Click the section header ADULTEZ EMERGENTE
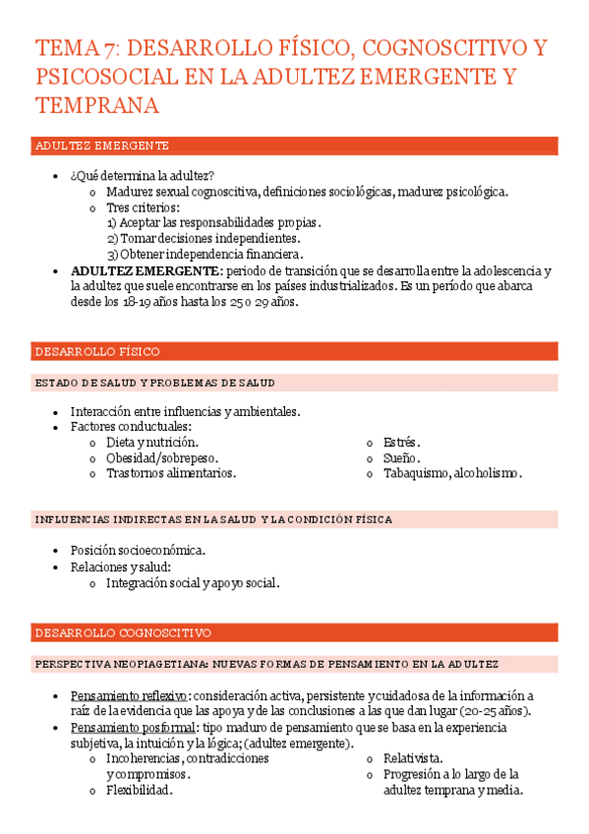click(x=102, y=146)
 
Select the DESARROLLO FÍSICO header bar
click(x=97, y=351)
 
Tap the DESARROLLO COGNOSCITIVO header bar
click(x=123, y=632)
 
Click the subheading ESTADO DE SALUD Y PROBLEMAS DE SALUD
click(x=154, y=383)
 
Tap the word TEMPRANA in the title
click(x=96, y=105)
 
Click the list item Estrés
click(x=401, y=443)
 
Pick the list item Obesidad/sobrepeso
click(x=162, y=458)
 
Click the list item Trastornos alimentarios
click(x=171, y=473)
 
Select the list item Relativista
click(x=413, y=758)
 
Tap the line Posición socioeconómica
click(x=138, y=551)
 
